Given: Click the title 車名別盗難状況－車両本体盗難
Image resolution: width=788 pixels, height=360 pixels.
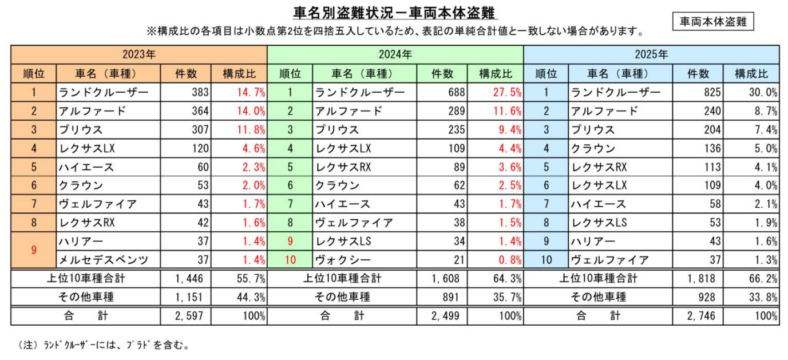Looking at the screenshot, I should tap(394, 12).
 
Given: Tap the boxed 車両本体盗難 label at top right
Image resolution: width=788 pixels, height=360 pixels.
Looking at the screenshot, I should tap(712, 22).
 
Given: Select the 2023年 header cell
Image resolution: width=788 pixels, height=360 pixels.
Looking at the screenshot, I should tap(138, 55).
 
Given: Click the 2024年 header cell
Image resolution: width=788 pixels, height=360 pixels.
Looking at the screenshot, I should tap(395, 55).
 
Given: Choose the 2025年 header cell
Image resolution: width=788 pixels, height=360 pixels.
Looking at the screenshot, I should tap(651, 55).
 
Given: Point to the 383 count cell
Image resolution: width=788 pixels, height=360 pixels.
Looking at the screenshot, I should tap(185, 92).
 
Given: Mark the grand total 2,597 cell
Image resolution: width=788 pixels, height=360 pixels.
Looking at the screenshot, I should tap(185, 315).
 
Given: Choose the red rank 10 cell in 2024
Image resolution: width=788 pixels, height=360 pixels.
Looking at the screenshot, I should tap(290, 260).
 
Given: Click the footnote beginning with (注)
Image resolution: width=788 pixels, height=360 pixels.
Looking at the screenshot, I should tap(104, 345).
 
